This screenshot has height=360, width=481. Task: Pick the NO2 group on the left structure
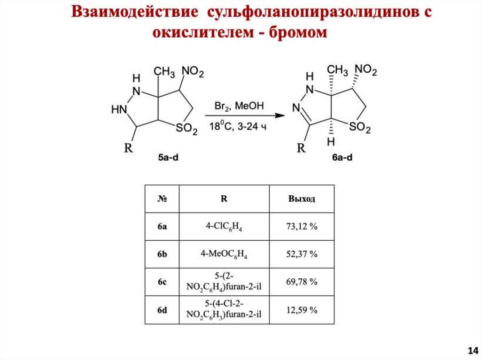(193, 72)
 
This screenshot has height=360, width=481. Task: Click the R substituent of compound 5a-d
(128, 149)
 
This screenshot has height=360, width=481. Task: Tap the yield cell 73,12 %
(302, 227)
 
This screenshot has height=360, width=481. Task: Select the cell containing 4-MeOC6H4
(224, 254)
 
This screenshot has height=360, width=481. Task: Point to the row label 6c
(162, 282)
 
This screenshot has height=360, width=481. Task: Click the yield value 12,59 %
(302, 310)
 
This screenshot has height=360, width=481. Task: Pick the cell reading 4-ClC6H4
(224, 227)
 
